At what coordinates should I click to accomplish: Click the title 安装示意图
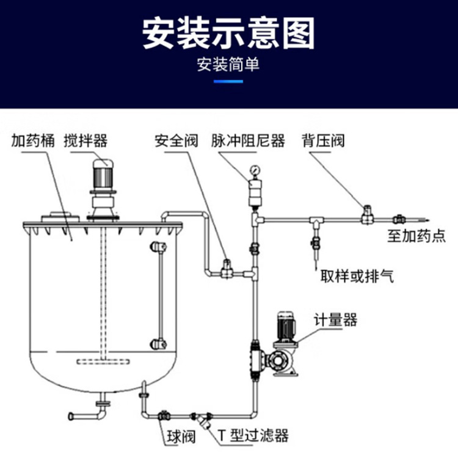point(228,33)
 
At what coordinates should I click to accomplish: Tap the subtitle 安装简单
point(228,64)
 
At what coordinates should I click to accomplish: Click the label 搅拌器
point(85,141)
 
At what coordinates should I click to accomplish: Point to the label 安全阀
point(176,141)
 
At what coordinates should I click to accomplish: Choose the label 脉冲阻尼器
point(248,141)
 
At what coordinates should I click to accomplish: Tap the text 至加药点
point(416,236)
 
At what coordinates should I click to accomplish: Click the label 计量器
point(335,320)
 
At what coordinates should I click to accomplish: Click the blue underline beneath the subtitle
point(228,79)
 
